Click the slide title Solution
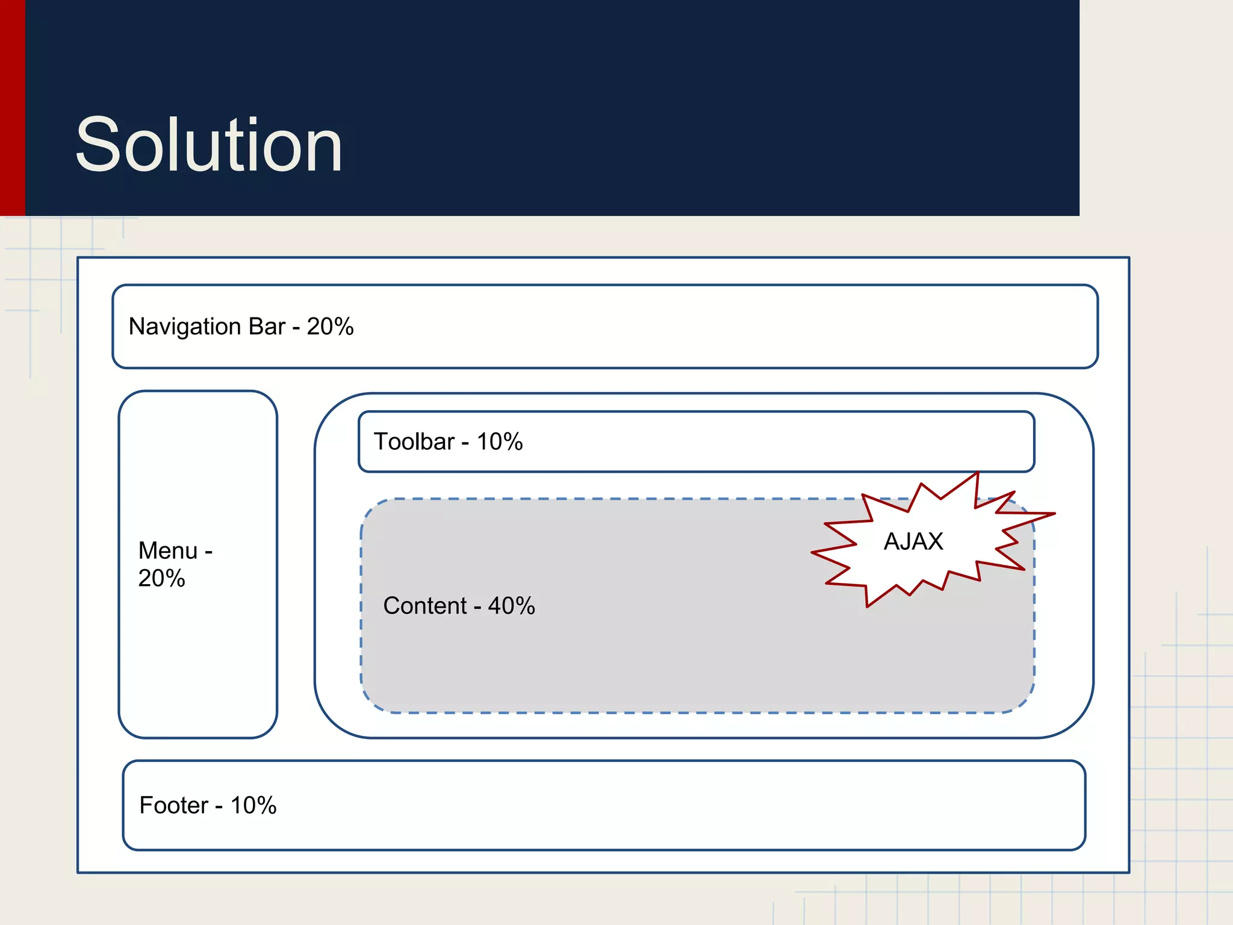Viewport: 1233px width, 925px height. pyautogui.click(x=209, y=145)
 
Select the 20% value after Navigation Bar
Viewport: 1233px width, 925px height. pyautogui.click(x=330, y=326)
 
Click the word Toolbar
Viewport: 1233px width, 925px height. pyautogui.click(x=414, y=441)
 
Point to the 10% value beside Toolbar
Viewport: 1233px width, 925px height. pyautogui.click(x=500, y=441)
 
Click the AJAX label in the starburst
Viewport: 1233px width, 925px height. pyautogui.click(x=913, y=541)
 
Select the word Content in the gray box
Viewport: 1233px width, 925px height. pyautogui.click(x=425, y=606)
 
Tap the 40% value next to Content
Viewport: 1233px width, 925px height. pyautogui.click(x=511, y=606)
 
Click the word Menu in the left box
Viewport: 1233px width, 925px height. pyautogui.click(x=168, y=550)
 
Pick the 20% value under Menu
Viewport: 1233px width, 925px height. pyautogui.click(x=161, y=578)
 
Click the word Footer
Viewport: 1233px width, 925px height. pyautogui.click(x=174, y=805)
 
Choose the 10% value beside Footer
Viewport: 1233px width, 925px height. pyautogui.click(x=253, y=805)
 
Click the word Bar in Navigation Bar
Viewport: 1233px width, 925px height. pyautogui.click(x=267, y=326)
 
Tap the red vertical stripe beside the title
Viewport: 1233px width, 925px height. pyautogui.click(x=12, y=108)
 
